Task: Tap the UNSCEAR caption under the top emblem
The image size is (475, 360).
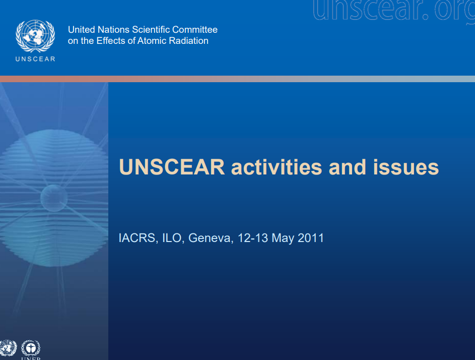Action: (35, 58)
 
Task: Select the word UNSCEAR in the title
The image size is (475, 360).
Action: (172, 167)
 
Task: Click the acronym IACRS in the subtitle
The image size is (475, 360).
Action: (137, 238)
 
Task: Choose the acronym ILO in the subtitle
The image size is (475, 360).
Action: (173, 238)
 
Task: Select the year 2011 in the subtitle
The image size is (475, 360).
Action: (311, 238)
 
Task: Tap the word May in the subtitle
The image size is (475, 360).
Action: (283, 238)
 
